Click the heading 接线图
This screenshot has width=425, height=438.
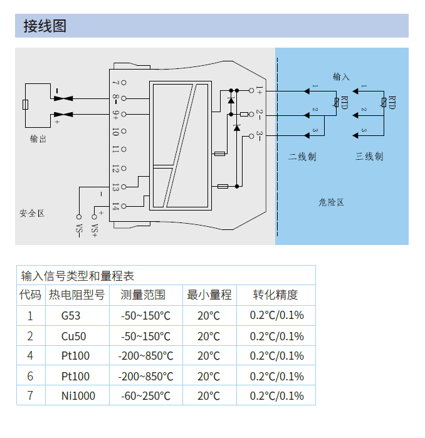click(x=45, y=26)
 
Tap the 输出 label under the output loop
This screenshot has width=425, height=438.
click(x=38, y=139)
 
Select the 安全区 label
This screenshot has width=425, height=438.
click(x=32, y=214)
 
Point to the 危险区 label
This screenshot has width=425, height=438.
click(x=332, y=202)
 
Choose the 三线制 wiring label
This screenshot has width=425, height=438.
click(x=369, y=157)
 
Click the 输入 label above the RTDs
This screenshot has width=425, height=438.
click(x=341, y=76)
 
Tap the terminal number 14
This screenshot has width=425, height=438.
click(x=115, y=207)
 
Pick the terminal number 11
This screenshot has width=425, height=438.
click(x=115, y=150)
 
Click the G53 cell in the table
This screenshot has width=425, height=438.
click(x=71, y=316)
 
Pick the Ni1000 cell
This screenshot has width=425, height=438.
click(x=78, y=397)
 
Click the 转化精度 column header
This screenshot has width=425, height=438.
click(x=275, y=295)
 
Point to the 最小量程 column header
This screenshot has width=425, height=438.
click(x=209, y=295)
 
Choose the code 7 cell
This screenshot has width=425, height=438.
click(x=30, y=397)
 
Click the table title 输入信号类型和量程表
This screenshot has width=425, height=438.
click(x=77, y=276)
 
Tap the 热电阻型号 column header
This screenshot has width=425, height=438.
click(x=76, y=295)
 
